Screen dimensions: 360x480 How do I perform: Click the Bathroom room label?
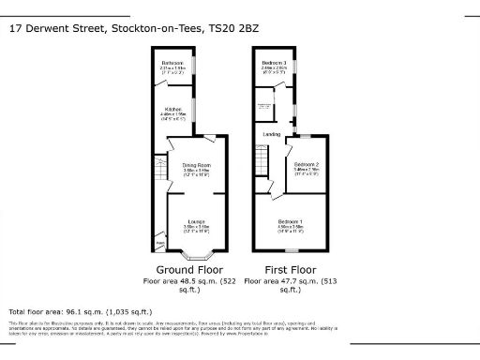pyautogui.click(x=172, y=65)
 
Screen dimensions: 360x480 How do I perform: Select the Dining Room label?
pyautogui.click(x=196, y=165)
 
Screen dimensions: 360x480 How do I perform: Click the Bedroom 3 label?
pyautogui.click(x=273, y=63)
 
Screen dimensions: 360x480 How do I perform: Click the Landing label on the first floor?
pyautogui.click(x=271, y=134)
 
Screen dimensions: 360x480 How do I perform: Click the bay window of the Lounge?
pyautogui.click(x=196, y=254)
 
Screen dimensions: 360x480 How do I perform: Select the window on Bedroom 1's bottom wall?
pyautogui.click(x=290, y=251)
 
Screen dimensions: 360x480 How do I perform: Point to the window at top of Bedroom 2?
pyautogui.click(x=305, y=138)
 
